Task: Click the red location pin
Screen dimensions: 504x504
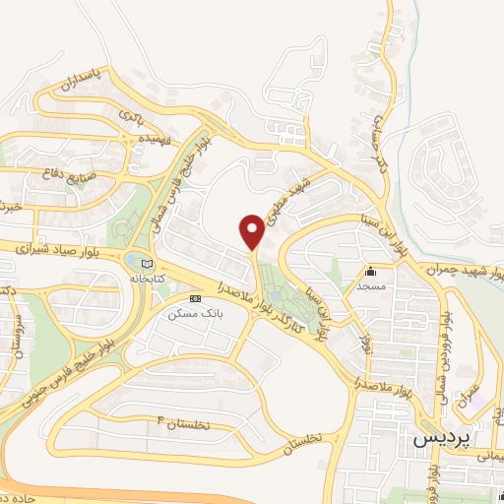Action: pos(252,230)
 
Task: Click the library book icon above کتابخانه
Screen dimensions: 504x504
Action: pos(149,264)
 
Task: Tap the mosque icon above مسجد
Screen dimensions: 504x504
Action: pos(371,272)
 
